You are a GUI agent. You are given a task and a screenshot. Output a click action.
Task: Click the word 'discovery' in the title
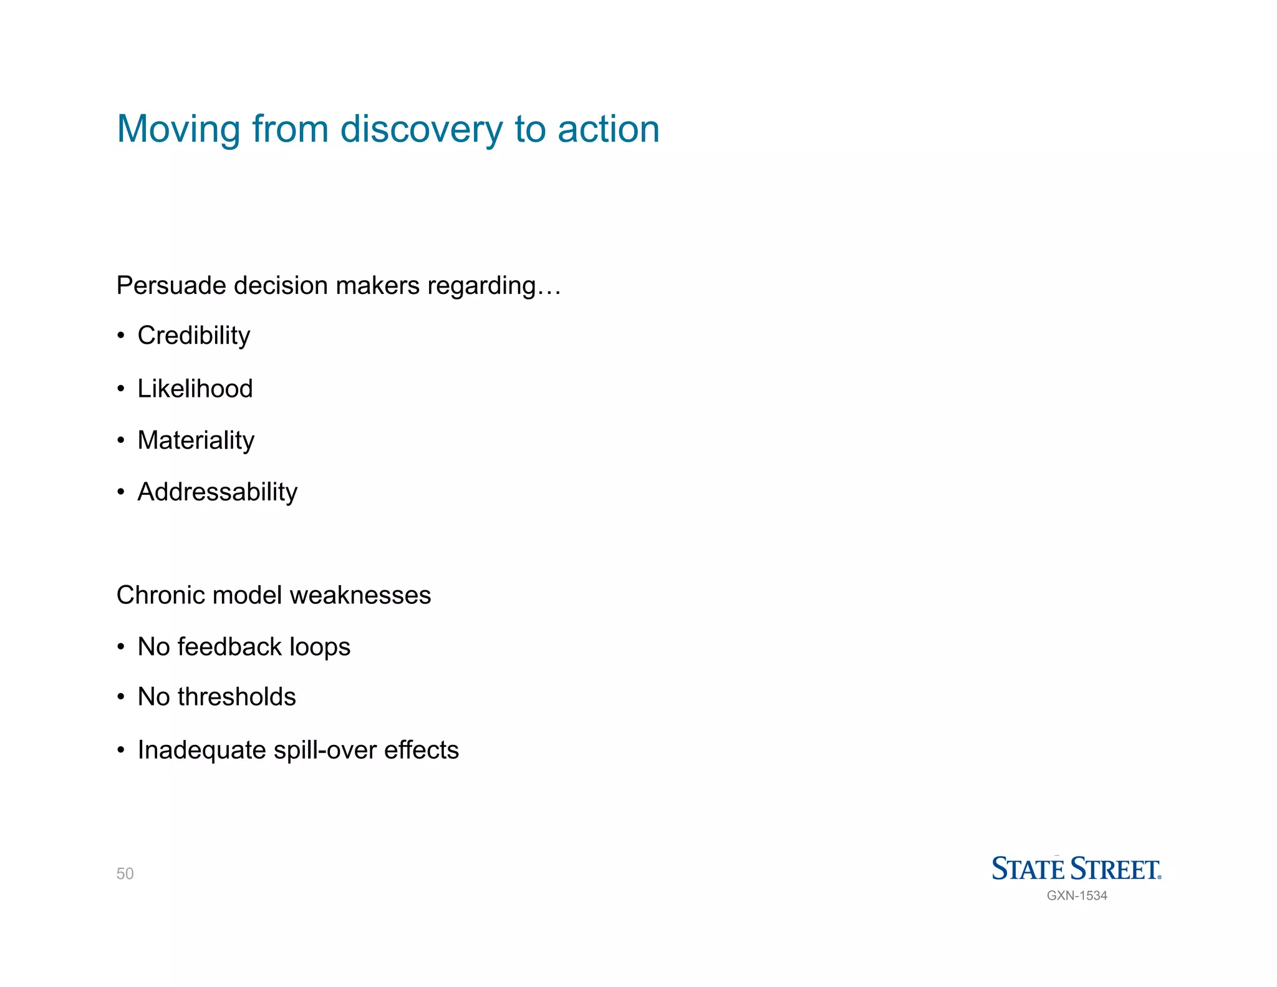coord(421,129)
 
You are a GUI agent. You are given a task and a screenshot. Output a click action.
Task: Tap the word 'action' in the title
coord(608,129)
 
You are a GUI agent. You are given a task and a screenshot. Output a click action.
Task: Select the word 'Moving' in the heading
coord(178,129)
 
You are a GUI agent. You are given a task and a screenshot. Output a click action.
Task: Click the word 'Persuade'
coord(171,286)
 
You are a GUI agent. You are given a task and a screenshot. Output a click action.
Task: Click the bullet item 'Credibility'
coord(193,336)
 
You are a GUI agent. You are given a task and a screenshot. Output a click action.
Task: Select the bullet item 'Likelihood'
coord(195,389)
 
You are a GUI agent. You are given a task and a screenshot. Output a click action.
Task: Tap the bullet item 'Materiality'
coord(196,440)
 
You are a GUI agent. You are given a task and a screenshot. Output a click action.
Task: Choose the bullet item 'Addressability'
coord(217,492)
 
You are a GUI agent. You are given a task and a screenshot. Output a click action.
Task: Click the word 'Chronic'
coord(160,595)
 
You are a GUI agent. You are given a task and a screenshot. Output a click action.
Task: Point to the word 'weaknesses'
coord(360,595)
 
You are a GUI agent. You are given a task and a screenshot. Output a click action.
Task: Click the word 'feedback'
coord(229,647)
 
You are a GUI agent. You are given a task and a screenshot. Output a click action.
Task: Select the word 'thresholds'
coord(236,697)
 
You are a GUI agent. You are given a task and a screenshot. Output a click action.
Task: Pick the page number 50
coord(125,873)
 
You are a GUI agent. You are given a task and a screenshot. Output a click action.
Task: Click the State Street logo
coord(1076,868)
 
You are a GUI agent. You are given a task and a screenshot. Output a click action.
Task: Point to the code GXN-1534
coord(1077,896)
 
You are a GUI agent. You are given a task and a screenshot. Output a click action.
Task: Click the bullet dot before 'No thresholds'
coord(121,698)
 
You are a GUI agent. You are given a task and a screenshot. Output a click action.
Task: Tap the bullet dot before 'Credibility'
coord(121,336)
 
